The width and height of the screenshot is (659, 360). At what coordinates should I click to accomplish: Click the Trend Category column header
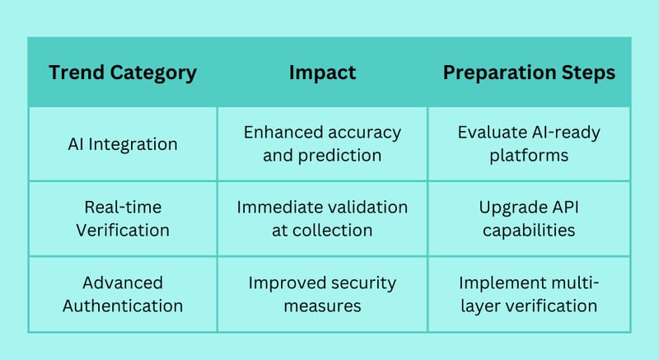coord(123,73)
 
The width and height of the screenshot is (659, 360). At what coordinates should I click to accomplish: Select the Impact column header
coord(322,73)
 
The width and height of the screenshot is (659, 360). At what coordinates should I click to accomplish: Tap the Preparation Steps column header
coord(529,73)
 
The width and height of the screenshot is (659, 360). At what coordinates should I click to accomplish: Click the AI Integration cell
coord(123,144)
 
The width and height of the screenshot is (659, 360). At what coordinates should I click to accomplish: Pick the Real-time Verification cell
coord(123,219)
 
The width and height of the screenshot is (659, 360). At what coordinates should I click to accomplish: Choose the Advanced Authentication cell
coord(123,294)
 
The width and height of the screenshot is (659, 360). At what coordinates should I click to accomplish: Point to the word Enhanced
coord(278,133)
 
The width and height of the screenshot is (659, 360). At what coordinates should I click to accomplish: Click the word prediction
coord(339,156)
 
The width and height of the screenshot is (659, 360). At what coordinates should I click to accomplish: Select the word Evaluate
coord(492,133)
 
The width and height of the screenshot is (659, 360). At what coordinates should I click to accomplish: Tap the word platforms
coord(529,156)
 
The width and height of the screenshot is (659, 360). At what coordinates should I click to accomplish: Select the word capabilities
coord(529,231)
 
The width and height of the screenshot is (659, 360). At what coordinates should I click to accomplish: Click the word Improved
coord(281,283)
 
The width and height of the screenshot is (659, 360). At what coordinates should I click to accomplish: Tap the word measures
coord(322,306)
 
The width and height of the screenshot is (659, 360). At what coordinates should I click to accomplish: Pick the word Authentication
coord(123,306)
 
